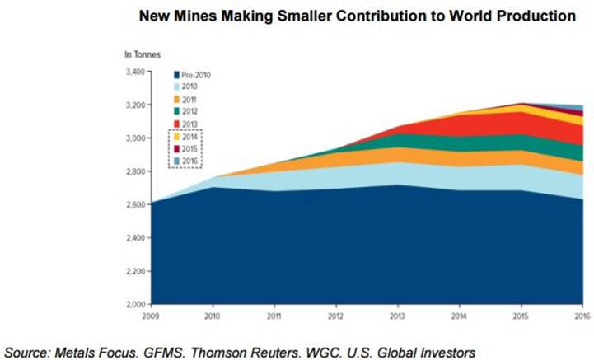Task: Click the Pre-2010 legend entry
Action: point(195,75)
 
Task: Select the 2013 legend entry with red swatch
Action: point(189,124)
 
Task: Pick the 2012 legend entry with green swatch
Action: point(189,111)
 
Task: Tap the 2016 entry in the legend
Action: point(189,161)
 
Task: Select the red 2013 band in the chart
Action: point(494,124)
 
